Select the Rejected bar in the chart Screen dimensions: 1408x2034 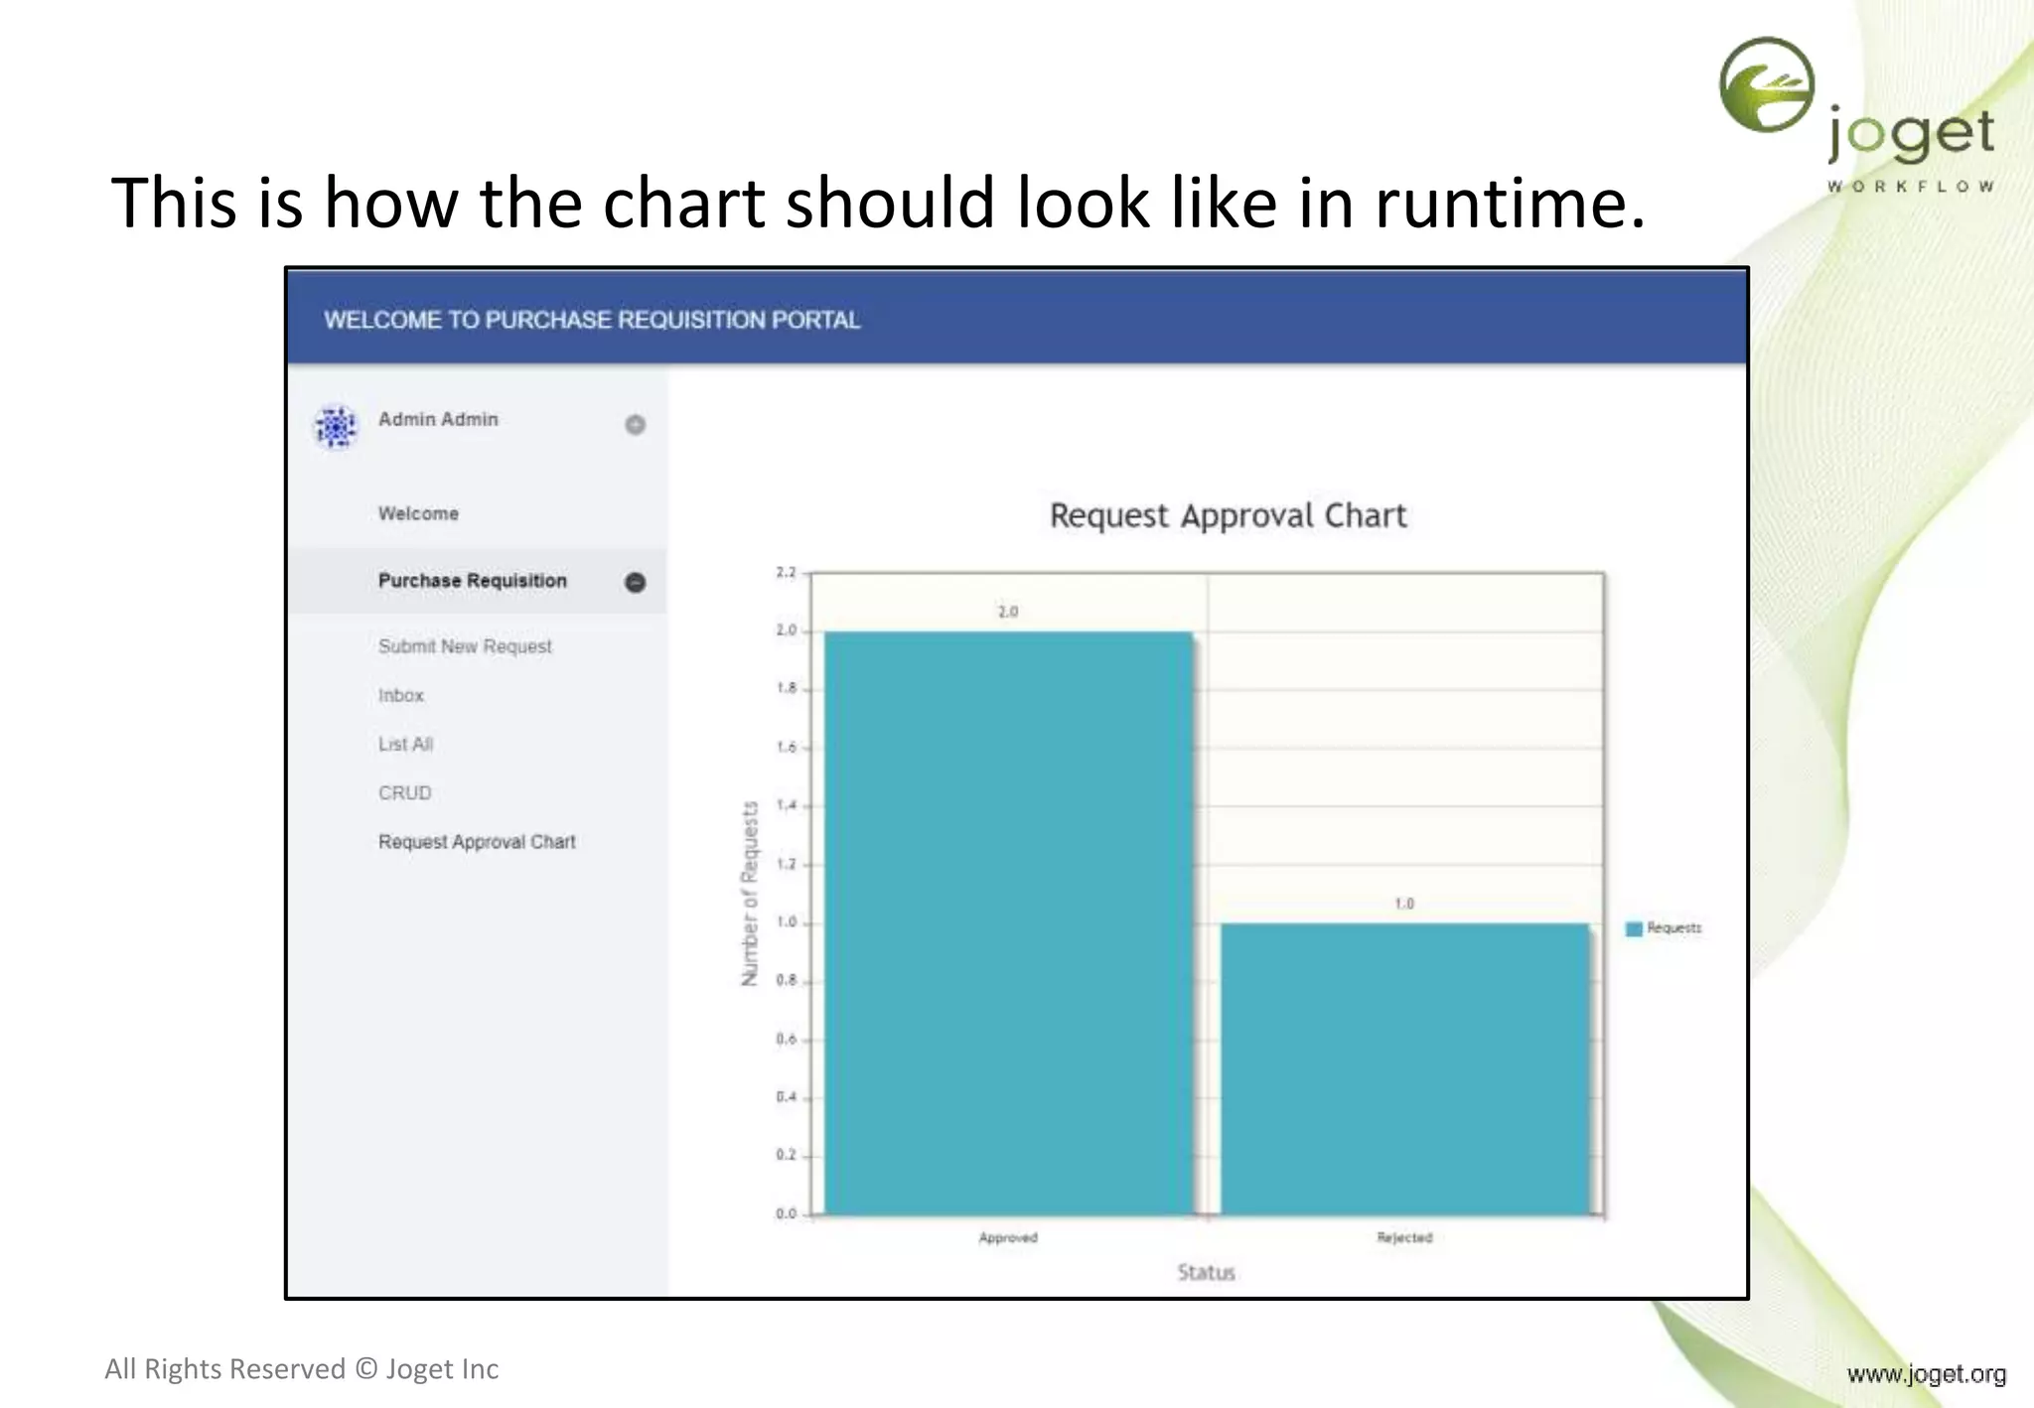coord(1404,1068)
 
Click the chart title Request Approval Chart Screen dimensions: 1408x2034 coord(1228,516)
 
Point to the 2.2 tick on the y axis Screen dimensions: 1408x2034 coord(786,573)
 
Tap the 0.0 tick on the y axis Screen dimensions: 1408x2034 coord(786,1213)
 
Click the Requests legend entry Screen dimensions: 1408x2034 coord(1665,928)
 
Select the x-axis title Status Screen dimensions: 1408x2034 coord(1206,1272)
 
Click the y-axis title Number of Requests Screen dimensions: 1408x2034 coord(750,894)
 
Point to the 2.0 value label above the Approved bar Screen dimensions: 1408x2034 coord(1008,612)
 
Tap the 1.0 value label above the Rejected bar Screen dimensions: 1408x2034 coord(1403,904)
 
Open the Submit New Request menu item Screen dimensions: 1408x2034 coord(464,646)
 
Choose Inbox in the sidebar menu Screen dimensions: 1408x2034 coord(400,695)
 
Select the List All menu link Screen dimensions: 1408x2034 coord(405,744)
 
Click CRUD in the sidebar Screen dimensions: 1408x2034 coord(404,792)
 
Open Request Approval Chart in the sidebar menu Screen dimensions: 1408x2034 coord(477,842)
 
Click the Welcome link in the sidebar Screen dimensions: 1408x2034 coord(418,513)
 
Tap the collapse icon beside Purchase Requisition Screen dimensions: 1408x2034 coord(635,582)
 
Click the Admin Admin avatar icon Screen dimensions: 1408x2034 coord(336,426)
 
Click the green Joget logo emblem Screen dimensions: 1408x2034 coord(1767,85)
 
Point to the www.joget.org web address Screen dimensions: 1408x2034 coord(1926,1374)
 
